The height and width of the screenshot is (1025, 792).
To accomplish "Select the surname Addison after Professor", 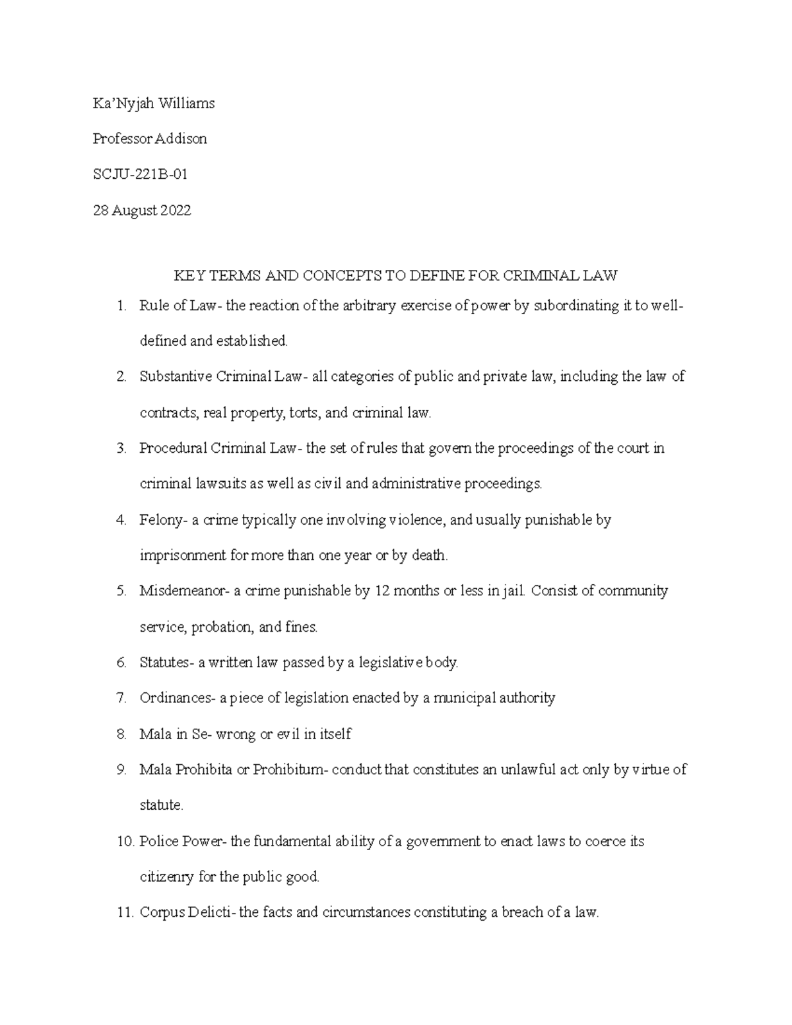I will point(181,139).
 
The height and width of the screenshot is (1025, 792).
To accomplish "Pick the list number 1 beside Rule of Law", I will point(120,306).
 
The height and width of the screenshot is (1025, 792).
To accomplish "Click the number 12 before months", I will point(382,591).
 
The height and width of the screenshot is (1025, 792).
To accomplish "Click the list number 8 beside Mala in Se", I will point(121,734).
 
